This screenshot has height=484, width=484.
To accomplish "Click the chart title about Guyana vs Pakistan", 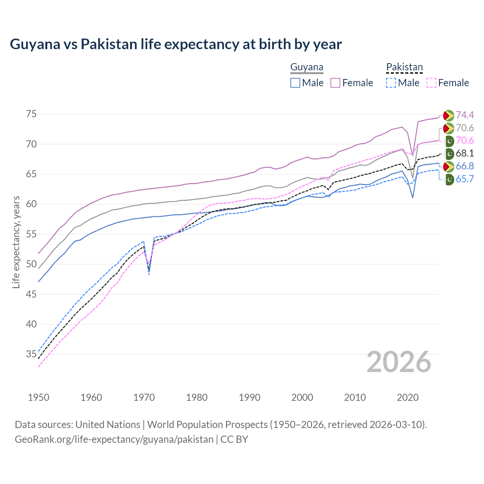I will coord(176,44).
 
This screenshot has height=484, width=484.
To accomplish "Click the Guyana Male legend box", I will coord(295,83).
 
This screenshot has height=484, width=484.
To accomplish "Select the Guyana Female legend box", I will coord(336,83).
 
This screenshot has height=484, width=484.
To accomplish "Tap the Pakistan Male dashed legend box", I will coord(391,83).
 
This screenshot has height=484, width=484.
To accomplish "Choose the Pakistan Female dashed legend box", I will coord(431,83).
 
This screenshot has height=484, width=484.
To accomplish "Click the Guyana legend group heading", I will coord(307,67).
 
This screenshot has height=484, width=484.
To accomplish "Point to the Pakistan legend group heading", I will coord(404,67).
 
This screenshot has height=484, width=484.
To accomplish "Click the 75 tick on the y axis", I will coord(31,114).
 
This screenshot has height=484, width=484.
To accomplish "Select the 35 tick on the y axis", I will coord(31,354).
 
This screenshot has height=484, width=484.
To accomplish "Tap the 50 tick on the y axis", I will coord(31,264).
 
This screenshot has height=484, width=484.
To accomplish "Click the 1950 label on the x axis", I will coord(39,397).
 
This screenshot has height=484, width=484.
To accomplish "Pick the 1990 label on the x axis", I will coord(250,397).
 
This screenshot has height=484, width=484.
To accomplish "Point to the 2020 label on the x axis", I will coord(408,397).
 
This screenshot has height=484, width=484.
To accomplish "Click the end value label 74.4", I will coord(465,115).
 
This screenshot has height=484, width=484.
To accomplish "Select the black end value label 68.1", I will coord(465,154).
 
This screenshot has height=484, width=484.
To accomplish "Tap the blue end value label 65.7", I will coord(465,179).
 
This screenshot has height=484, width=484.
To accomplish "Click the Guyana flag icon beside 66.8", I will coord(448,166).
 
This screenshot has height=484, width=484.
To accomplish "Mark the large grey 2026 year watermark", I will coord(399,362).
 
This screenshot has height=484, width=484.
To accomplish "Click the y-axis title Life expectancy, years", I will coord(16,242).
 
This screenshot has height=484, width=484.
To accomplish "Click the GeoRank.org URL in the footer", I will coord(114,439).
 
